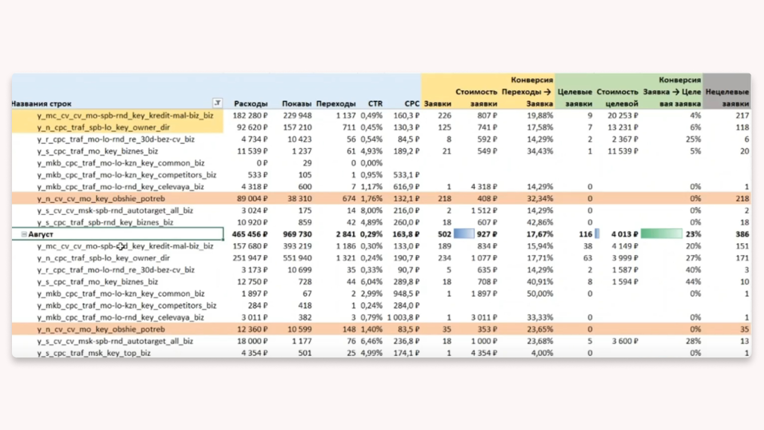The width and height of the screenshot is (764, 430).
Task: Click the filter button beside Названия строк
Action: (x=217, y=103)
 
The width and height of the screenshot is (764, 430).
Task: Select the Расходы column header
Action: (x=251, y=104)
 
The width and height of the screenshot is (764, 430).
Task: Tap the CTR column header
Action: (x=375, y=104)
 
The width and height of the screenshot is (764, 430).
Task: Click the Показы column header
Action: (x=296, y=104)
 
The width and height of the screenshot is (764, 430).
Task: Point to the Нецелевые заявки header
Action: (x=727, y=97)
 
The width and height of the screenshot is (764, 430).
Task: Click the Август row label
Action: (x=41, y=235)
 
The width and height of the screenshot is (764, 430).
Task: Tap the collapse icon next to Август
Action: (x=24, y=234)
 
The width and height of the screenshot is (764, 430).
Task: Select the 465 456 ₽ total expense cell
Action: (x=249, y=234)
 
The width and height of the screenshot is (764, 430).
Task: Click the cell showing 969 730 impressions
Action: (x=297, y=234)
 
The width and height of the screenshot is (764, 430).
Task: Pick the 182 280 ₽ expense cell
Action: (x=250, y=116)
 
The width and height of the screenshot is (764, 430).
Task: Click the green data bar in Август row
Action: (x=661, y=234)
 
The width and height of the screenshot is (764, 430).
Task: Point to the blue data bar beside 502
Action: (x=464, y=234)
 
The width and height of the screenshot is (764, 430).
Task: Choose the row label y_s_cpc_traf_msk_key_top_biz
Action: (x=94, y=353)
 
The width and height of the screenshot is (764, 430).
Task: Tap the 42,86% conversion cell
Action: (x=540, y=223)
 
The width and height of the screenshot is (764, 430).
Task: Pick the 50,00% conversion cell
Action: (x=540, y=294)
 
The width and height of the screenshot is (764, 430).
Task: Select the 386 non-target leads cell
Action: (x=742, y=234)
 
